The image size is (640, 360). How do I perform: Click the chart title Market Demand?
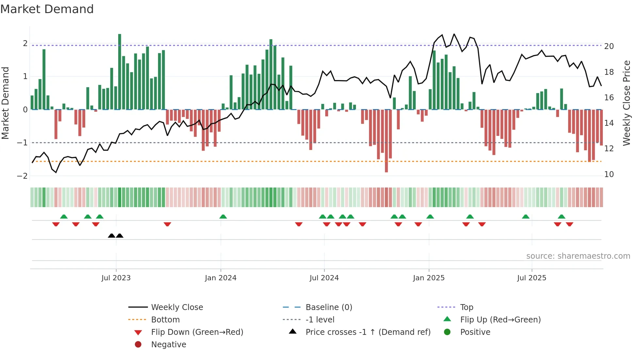(47, 9)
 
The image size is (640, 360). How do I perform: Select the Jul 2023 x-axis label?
(116, 278)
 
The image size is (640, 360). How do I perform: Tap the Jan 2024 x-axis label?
(220, 278)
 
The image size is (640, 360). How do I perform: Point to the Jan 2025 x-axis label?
(428, 278)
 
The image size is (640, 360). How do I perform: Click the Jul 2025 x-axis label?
(532, 278)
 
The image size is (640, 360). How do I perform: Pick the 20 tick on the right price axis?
(609, 46)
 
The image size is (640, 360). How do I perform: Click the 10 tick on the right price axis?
(609, 174)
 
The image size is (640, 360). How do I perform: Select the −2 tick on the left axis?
(22, 176)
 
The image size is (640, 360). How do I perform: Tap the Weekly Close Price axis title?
(626, 103)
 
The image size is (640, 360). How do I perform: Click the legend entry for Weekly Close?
(177, 307)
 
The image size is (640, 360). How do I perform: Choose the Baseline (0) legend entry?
(328, 307)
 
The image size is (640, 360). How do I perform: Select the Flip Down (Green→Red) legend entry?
(197, 332)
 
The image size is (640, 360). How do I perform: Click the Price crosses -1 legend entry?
(368, 332)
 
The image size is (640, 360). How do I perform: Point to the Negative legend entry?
(168, 345)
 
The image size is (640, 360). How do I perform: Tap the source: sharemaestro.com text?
(578, 256)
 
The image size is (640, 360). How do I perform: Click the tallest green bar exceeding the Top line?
(120, 72)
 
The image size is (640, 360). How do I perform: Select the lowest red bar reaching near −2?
(386, 140)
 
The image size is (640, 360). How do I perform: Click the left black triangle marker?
(111, 236)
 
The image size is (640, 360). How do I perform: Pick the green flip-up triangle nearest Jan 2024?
(223, 217)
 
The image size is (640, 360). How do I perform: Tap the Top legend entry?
(466, 307)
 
